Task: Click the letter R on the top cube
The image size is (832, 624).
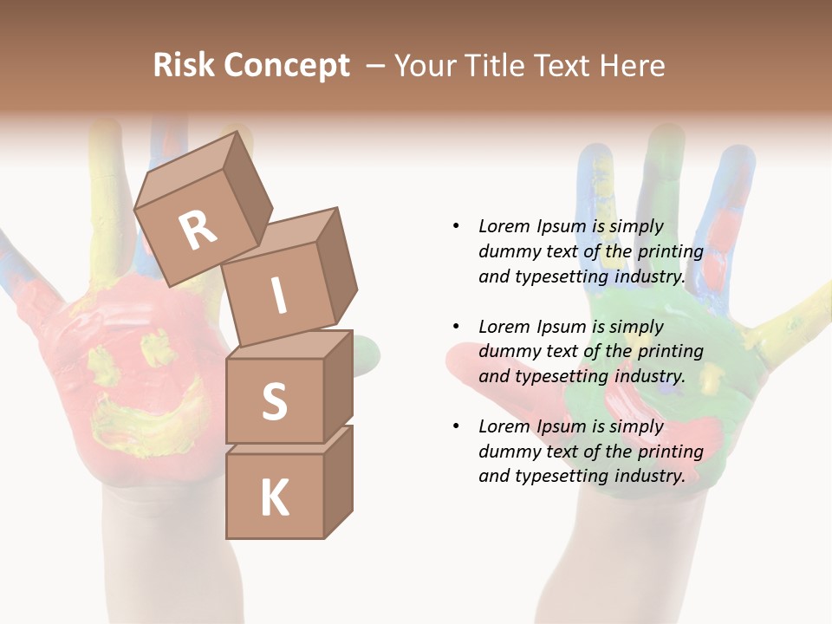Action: pyautogui.click(x=198, y=231)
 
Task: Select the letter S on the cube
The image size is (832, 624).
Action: pyautogui.click(x=274, y=402)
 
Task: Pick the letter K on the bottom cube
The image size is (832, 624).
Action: pyautogui.click(x=274, y=498)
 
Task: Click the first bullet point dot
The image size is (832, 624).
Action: pyautogui.click(x=456, y=226)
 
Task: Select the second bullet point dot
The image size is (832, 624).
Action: pyautogui.click(x=456, y=327)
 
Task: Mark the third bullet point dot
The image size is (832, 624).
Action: pyautogui.click(x=456, y=426)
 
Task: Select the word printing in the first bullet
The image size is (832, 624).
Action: pyautogui.click(x=670, y=251)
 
